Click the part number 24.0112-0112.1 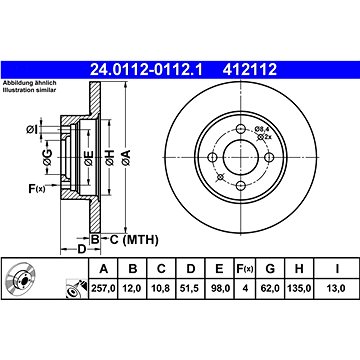[x=146, y=70]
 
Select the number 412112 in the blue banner [x=250, y=70]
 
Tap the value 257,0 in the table [x=104, y=288]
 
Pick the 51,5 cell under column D [x=190, y=288]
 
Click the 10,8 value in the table [x=161, y=288]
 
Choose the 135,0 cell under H [x=299, y=288]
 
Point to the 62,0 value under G [x=270, y=288]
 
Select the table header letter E [x=219, y=268]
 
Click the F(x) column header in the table [x=245, y=269]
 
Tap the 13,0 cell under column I [x=336, y=288]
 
